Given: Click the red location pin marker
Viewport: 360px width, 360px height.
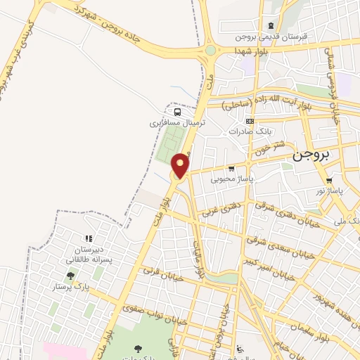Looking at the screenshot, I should pyautogui.click(x=181, y=165).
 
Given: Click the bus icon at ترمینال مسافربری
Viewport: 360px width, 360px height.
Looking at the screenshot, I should pyautogui.click(x=177, y=111).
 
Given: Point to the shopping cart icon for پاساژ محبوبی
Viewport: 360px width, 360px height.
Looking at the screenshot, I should pyautogui.click(x=231, y=169).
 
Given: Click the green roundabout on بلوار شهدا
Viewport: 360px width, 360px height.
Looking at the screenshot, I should pyautogui.click(x=210, y=51).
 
